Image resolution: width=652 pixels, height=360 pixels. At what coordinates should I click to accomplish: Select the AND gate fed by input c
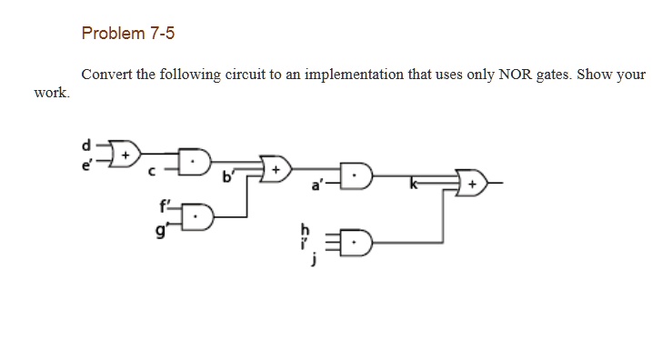pos(194,163)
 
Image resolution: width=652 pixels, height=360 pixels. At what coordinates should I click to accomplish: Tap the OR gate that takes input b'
pos(276,170)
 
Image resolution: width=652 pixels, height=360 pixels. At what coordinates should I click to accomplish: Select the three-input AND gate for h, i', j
pos(354,241)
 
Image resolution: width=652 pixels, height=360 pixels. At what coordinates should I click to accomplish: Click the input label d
pos(86,144)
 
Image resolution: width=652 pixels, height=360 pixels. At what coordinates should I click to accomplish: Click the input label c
pos(153,171)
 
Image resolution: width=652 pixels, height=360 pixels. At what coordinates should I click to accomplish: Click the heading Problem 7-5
pos(128,34)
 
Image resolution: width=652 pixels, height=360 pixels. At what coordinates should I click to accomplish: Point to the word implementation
pos(352,75)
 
